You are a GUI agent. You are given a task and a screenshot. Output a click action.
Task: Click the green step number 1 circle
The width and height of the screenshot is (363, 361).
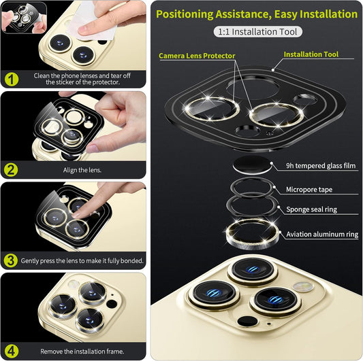point(11,78)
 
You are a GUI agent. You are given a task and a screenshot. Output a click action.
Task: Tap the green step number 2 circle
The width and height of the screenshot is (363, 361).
point(11,169)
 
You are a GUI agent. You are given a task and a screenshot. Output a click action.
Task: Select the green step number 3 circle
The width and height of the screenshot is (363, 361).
point(11,260)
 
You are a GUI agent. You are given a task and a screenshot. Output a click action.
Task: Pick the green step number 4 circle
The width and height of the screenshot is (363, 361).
point(11,350)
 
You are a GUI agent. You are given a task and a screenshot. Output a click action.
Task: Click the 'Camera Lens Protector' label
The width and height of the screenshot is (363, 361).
point(197,55)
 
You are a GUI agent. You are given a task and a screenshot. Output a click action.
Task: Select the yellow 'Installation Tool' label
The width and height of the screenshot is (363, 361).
point(311,54)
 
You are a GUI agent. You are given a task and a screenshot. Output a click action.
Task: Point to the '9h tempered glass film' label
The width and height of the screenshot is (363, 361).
point(321,165)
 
